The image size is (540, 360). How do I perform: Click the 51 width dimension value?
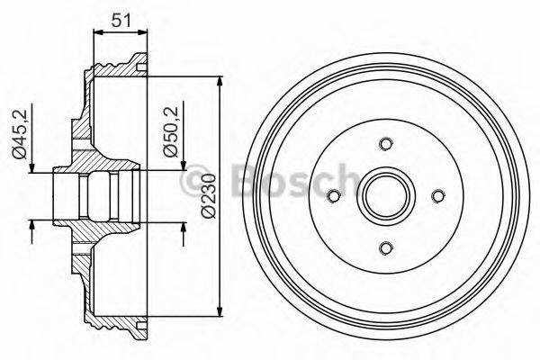point(120,17)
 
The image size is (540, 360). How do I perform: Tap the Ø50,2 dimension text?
point(169,134)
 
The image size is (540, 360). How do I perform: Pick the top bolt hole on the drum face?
point(386,144)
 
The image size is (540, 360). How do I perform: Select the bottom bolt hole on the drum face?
point(386,248)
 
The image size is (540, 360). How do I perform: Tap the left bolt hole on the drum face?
point(334,196)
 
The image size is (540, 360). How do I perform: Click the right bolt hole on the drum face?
point(438,196)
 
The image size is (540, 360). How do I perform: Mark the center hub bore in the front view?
point(386,196)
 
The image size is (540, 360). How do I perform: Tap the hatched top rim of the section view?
point(117,63)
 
